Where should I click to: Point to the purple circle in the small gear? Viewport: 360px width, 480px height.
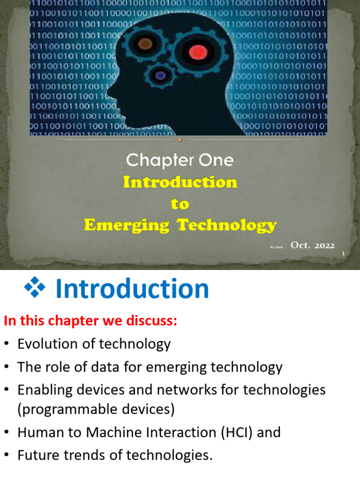(x=161, y=75)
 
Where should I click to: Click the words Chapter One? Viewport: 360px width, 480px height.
(x=180, y=161)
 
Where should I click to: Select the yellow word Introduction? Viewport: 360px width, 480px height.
(x=180, y=182)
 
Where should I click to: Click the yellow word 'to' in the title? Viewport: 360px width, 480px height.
(x=180, y=204)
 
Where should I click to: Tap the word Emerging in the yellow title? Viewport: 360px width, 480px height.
(x=127, y=225)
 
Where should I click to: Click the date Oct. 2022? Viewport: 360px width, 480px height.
(x=313, y=245)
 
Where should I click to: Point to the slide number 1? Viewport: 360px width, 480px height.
(x=344, y=254)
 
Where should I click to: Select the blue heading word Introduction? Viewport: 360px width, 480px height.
(x=132, y=289)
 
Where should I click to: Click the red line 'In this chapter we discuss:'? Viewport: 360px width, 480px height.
(x=90, y=321)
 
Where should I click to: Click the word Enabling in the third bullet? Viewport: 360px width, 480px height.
(x=45, y=390)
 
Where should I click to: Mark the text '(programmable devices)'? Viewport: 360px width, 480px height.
(x=96, y=409)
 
